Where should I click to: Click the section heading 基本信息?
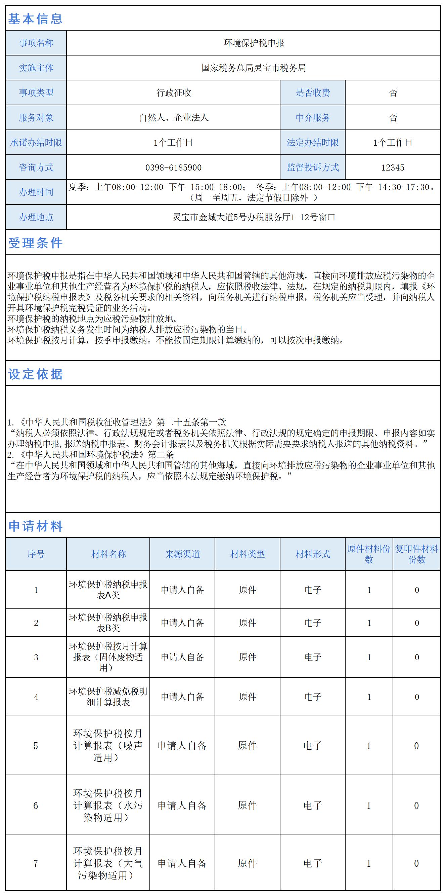pyautogui.click(x=35, y=18)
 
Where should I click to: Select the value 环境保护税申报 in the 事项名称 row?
pyautogui.click(x=254, y=43)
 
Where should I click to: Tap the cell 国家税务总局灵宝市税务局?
pyautogui.click(x=254, y=68)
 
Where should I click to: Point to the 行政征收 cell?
pyautogui.click(x=173, y=93)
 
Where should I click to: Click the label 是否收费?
pyautogui.click(x=313, y=93)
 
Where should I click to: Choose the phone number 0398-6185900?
pyautogui.click(x=173, y=167)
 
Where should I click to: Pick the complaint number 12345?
pyautogui.click(x=393, y=167)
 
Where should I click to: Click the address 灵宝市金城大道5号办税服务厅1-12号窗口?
pyautogui.click(x=254, y=217)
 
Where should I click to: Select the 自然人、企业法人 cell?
pyautogui.click(x=173, y=118)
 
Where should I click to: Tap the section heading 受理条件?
pyautogui.click(x=35, y=243)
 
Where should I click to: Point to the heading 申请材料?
pyautogui.click(x=35, y=526)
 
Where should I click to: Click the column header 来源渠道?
pyautogui.click(x=182, y=554)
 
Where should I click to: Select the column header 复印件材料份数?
pyautogui.click(x=417, y=554)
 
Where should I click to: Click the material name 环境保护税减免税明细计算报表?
pyautogui.click(x=108, y=696)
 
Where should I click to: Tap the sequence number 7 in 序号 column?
pyautogui.click(x=36, y=863)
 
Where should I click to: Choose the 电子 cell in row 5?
pyautogui.click(x=313, y=745)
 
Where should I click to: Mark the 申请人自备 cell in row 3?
pyautogui.click(x=182, y=657)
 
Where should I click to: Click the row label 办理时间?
pyautogui.click(x=36, y=192)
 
